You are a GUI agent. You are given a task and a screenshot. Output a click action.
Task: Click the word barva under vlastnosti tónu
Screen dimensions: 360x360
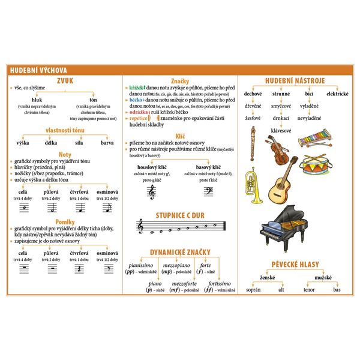107,143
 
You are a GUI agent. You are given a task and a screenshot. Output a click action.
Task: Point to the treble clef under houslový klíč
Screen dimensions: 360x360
151,191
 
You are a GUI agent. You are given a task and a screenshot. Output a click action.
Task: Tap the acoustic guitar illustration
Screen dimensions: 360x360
278,183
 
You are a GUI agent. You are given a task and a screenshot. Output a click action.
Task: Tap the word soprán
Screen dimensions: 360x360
254,290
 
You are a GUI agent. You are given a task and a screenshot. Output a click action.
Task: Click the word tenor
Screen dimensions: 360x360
309,290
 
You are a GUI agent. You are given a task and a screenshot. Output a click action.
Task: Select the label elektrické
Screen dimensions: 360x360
337,94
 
